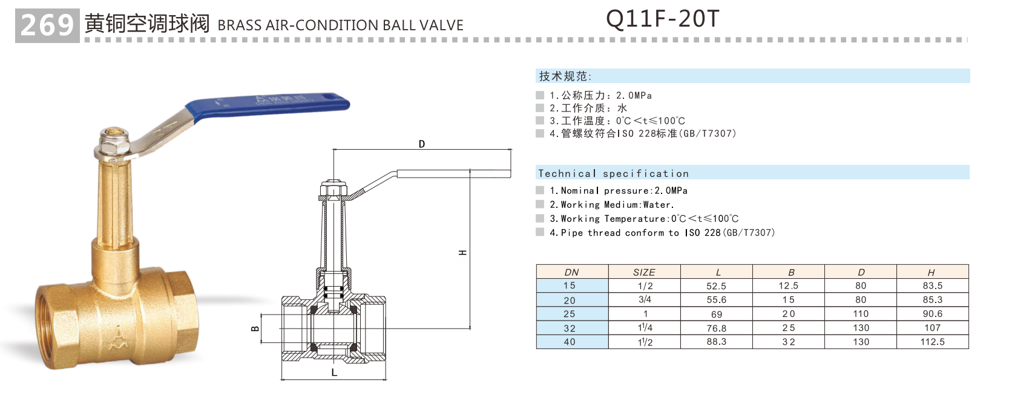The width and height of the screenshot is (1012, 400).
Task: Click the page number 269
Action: pyautogui.click(x=47, y=25)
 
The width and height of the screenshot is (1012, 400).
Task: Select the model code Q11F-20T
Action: pyautogui.click(x=662, y=19)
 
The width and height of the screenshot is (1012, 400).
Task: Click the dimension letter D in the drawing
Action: pyautogui.click(x=422, y=144)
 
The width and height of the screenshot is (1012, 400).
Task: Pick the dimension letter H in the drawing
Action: pyautogui.click(x=463, y=252)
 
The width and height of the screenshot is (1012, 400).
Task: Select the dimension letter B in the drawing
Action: pyautogui.click(x=255, y=328)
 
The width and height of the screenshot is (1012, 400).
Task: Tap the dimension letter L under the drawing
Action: pyautogui.click(x=334, y=373)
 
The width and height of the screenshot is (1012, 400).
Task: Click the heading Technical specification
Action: pyautogui.click(x=613, y=173)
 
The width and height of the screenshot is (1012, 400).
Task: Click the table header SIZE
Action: pyautogui.click(x=644, y=272)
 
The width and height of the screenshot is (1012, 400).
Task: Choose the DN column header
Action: pyautogui.click(x=571, y=272)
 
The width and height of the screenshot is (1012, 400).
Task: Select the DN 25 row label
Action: pyautogui.click(x=570, y=314)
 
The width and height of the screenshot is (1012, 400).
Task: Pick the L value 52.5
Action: pyautogui.click(x=716, y=286)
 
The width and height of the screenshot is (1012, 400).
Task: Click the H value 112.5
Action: pyautogui.click(x=932, y=342)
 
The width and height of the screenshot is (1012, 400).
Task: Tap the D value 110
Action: pyautogui.click(x=861, y=314)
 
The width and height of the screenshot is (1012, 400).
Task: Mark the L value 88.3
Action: pyautogui.click(x=716, y=342)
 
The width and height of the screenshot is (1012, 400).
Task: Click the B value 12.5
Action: pyautogui.click(x=788, y=286)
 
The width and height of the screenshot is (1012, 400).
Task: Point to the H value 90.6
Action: pyautogui.click(x=932, y=314)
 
